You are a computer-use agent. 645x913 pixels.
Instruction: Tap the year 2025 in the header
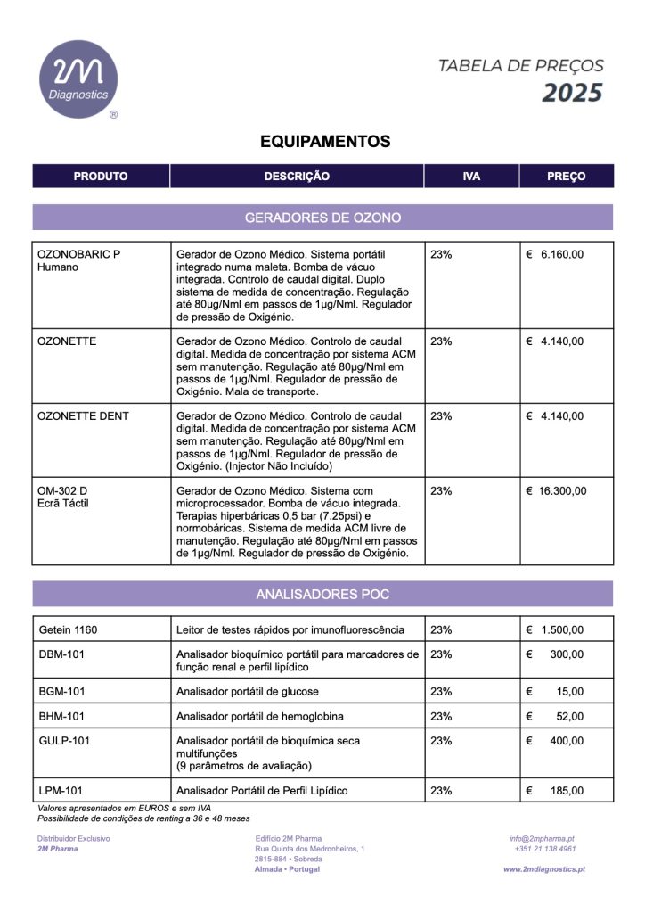click(573, 93)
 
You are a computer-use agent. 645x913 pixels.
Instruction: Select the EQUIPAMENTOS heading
click(325, 142)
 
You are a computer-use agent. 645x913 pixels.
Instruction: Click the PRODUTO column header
click(101, 177)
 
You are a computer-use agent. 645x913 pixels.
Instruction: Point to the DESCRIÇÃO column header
click(297, 177)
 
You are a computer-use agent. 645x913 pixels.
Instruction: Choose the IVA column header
click(471, 177)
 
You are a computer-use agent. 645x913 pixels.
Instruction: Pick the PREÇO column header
click(566, 177)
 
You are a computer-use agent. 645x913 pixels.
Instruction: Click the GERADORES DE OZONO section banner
click(322, 218)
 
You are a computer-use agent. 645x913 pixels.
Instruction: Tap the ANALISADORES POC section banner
click(322, 594)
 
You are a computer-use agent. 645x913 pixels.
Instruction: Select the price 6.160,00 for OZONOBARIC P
click(561, 254)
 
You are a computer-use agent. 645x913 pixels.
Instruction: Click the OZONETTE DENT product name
click(83, 416)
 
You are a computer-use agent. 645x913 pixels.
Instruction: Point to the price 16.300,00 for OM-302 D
click(561, 491)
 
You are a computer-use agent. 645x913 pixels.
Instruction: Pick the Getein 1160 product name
click(68, 630)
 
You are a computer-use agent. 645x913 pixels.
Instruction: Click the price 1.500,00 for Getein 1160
click(562, 630)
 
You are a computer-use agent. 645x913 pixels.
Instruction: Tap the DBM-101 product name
click(61, 654)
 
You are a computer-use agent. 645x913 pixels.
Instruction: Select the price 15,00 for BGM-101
click(569, 692)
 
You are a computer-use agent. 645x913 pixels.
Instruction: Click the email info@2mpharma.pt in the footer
click(542, 839)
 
